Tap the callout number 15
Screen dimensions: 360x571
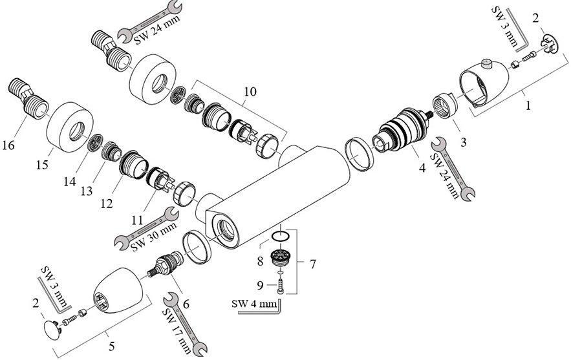pos(42,165)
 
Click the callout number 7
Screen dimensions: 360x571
pos(312,264)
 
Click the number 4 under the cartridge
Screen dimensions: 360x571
pos(421,169)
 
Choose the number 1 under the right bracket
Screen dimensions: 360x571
pos(529,105)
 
